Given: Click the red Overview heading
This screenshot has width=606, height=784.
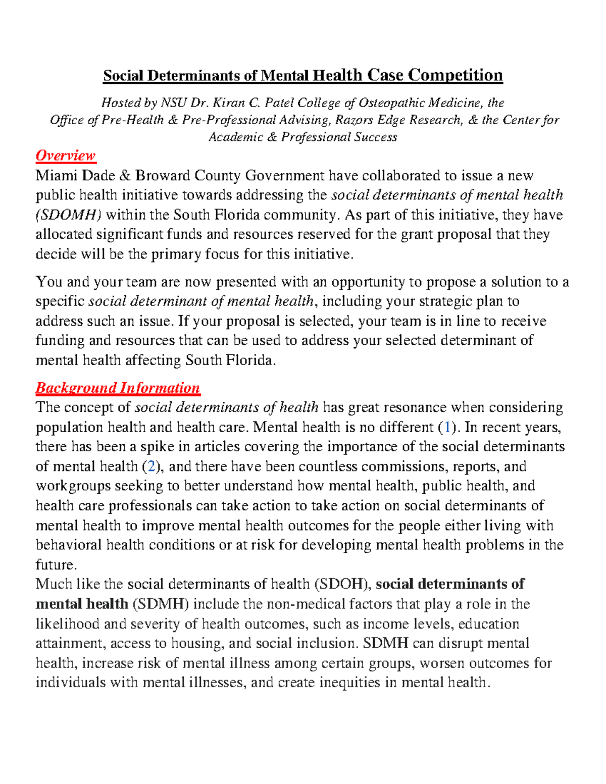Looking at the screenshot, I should tap(65, 155).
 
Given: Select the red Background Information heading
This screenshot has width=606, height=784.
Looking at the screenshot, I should tap(118, 388).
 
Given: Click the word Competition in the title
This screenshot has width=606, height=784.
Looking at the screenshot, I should tap(455, 75).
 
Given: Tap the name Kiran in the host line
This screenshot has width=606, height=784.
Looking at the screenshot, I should tap(229, 103).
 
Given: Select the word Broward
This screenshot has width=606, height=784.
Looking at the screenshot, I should tap(163, 176).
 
